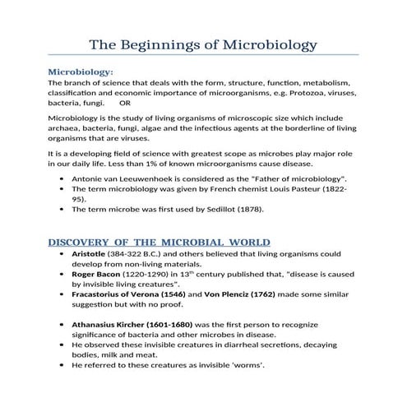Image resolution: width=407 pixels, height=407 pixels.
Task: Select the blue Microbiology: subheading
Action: (x=81, y=72)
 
